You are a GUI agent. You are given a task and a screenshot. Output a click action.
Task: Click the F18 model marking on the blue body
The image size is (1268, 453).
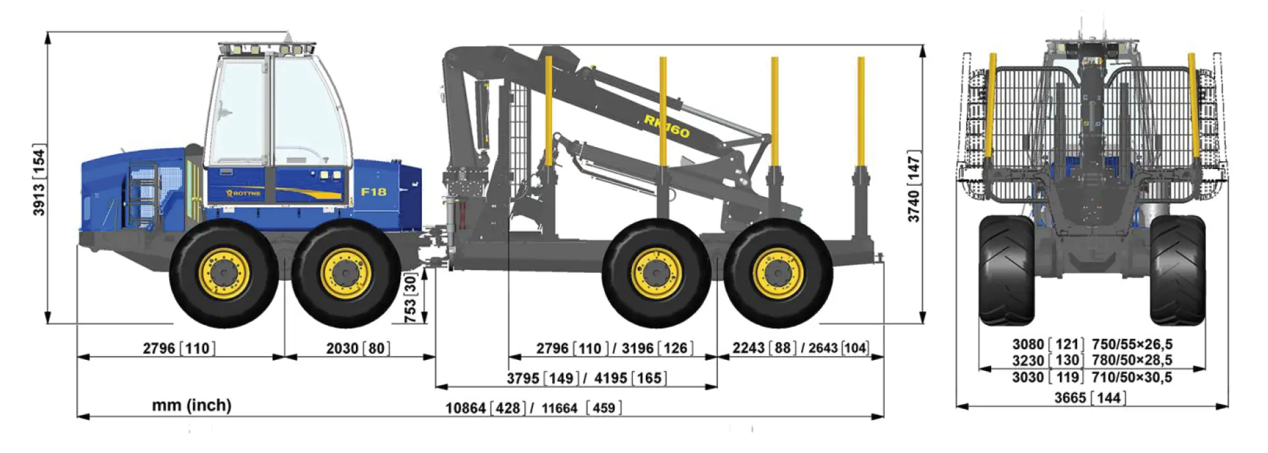coord(373,192)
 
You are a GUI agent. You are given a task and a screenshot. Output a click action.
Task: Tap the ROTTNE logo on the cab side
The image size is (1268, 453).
coord(244,193)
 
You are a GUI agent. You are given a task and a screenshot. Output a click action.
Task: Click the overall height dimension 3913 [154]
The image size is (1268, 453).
coord(39,180)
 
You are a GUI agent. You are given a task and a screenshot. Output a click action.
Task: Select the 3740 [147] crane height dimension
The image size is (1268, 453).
coord(913,187)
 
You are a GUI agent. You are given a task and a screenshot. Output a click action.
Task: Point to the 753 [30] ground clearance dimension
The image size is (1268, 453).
coord(410,299)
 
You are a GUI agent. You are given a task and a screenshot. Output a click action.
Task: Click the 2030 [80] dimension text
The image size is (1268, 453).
coord(357,348)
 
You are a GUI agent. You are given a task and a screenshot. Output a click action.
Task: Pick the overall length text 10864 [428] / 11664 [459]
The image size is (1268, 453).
coord(534,408)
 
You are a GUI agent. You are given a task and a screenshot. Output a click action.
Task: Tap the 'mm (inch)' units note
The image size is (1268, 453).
coord(192,405)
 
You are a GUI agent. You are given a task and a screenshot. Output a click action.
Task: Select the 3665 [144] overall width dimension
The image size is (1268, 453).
coord(1090,398)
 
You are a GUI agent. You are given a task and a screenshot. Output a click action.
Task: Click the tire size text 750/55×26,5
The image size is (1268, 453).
coord(1132,344)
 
